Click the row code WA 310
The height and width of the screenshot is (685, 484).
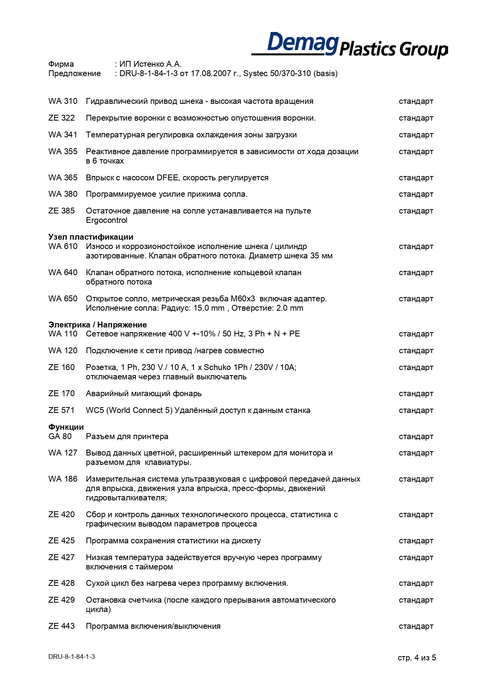click(x=63, y=101)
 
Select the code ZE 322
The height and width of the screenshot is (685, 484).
click(x=62, y=118)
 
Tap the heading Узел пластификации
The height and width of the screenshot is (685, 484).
click(x=91, y=237)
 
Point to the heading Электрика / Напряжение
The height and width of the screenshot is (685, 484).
click(x=98, y=325)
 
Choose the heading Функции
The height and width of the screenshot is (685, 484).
click(x=66, y=427)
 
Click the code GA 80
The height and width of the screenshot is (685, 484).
click(x=60, y=436)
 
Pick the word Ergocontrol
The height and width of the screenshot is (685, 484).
click(x=107, y=221)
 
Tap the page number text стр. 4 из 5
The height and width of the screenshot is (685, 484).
click(x=416, y=658)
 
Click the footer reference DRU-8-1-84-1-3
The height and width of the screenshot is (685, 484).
click(x=71, y=657)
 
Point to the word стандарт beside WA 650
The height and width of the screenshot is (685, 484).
click(x=416, y=299)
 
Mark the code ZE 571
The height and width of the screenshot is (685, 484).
click(x=61, y=410)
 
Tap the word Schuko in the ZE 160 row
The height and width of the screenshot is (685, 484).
click(x=217, y=367)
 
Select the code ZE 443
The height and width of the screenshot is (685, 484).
click(x=61, y=626)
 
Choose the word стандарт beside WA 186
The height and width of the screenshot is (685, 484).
click(x=416, y=479)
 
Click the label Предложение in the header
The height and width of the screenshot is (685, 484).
click(x=75, y=73)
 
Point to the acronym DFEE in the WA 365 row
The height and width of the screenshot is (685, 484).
click(x=167, y=178)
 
